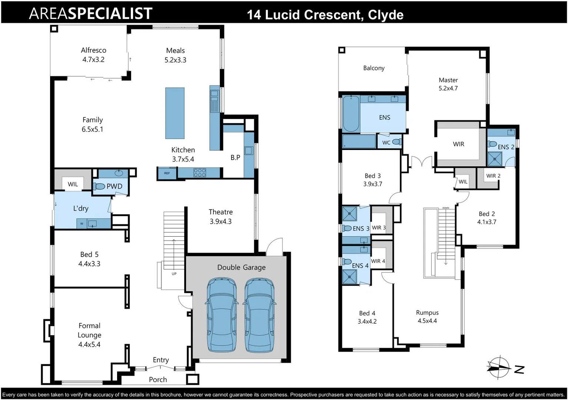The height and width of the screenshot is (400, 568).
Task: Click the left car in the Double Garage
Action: click(221, 315)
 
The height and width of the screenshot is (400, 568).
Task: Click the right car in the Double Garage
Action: click(260, 315)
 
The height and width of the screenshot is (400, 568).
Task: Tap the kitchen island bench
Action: click(175, 113)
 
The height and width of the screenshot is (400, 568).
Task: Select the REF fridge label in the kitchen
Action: click(167, 173)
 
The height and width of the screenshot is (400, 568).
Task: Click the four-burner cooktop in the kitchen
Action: click(200, 173)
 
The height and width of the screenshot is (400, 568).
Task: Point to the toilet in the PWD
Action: click(99, 186)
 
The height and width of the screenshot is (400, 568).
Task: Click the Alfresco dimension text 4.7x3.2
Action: click(93, 60)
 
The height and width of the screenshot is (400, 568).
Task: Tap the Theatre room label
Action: click(220, 212)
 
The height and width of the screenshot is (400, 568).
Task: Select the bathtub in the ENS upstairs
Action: click(351, 114)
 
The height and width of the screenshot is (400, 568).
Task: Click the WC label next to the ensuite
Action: click(386, 143)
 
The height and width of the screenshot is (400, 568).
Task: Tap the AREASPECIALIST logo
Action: click(90, 13)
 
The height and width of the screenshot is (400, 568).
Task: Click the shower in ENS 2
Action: click(495, 159)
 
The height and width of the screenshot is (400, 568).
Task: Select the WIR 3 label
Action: click(379, 228)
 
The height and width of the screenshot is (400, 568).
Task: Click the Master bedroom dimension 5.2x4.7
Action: click(448, 89)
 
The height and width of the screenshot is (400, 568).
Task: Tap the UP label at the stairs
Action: click(174, 274)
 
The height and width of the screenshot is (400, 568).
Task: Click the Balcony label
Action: click(373, 68)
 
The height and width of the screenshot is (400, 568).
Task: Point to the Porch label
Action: click(158, 380)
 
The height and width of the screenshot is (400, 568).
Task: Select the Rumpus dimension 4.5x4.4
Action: click(427, 321)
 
